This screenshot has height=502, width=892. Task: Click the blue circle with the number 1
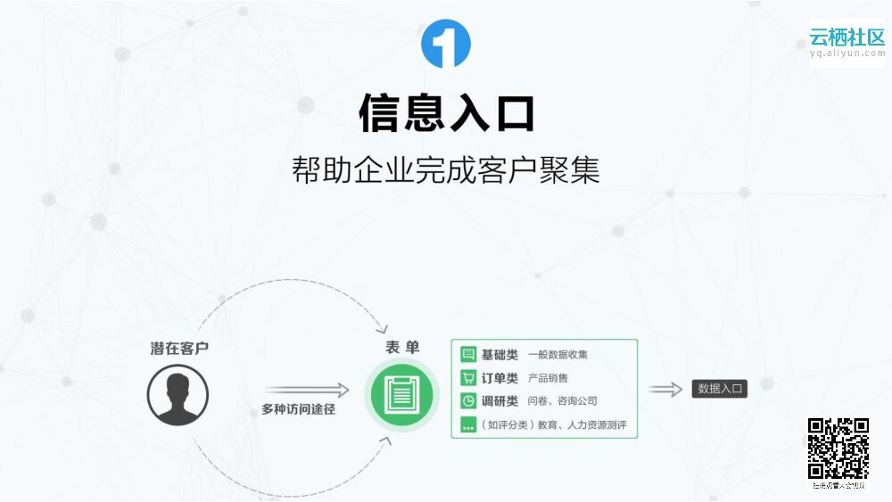click(445, 43)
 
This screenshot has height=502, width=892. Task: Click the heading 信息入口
click(446, 113)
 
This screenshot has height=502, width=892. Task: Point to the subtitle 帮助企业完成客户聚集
click(445, 169)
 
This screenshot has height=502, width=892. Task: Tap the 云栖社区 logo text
click(847, 37)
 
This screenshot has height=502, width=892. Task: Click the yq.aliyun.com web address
click(847, 53)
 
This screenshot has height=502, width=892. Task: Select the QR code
click(838, 449)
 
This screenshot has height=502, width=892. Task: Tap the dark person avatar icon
click(178, 394)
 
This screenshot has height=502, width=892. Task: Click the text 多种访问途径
click(298, 410)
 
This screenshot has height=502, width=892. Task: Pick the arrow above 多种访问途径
click(306, 390)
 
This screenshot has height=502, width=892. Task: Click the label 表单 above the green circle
click(402, 348)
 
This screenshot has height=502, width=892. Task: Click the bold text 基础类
click(500, 354)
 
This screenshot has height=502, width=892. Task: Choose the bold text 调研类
click(500, 401)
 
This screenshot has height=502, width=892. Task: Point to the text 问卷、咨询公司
click(562, 402)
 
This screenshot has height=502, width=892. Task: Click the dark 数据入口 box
click(719, 389)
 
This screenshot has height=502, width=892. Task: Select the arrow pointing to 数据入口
click(665, 390)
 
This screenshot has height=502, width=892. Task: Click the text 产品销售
click(548, 378)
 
